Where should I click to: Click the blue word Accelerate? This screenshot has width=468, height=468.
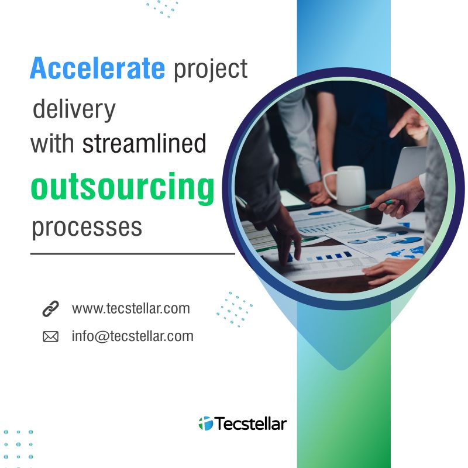pos(97,68)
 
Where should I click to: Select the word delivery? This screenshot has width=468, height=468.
pos(74,110)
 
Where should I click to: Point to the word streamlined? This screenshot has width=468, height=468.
pos(144,143)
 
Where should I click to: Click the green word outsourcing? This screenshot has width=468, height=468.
pos(122,188)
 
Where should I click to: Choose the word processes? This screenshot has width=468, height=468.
pos(87,228)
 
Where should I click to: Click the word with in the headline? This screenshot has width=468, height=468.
pos(52,143)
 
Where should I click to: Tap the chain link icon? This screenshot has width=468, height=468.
pos(51,309)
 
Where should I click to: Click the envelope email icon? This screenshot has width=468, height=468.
pos(51,337)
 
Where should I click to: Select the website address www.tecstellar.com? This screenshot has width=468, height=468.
pos(130,309)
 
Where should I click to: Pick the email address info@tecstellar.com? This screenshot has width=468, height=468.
pos(133,336)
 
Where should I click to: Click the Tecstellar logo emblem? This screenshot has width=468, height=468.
pos(206,424)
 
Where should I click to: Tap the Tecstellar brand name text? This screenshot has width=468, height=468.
pos(251,424)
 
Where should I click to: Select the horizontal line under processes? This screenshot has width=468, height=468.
pos(133,254)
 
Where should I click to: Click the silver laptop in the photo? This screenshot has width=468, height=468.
pos(409,168)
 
